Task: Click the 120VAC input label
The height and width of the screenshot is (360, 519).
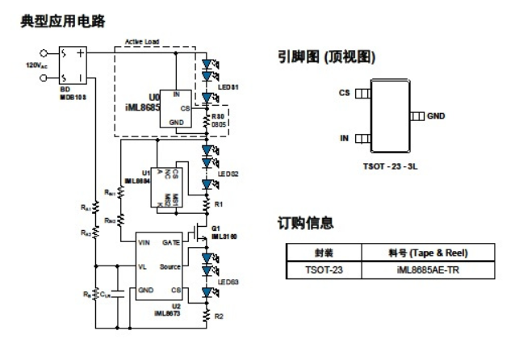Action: [x=34, y=64]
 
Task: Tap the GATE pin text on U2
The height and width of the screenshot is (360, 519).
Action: [x=171, y=241]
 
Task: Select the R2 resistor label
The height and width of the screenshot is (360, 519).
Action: [x=218, y=317]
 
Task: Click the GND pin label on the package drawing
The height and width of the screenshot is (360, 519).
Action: [x=437, y=117]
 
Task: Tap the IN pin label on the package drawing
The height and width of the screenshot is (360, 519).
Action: [x=344, y=139]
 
